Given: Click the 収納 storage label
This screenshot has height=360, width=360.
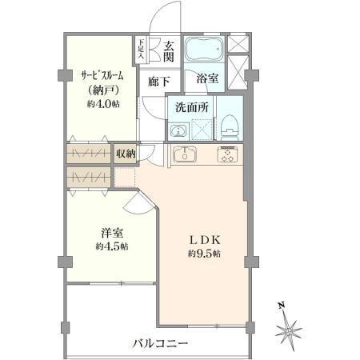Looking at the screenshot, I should (125, 152).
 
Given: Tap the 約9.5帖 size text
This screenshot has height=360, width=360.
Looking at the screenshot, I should (204, 254).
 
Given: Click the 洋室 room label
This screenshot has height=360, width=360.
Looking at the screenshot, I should (112, 232).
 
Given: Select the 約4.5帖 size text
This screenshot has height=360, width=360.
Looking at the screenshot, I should (112, 246).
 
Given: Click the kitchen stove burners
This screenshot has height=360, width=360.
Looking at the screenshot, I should (228, 155).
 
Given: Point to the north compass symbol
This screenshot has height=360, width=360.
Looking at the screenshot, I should (289, 328).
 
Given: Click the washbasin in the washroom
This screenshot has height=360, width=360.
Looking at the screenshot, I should (178, 131).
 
